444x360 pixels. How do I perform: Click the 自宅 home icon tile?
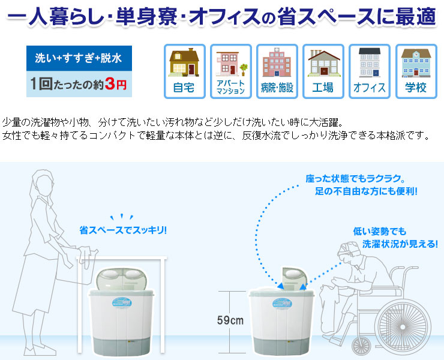pos(184,71)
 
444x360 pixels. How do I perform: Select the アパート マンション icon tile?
pos(231,71)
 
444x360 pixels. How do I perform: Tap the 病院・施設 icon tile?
pos(277,71)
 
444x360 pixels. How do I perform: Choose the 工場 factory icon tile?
pos(323,71)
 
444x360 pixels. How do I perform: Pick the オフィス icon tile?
pos(369,71)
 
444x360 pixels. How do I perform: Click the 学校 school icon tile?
pos(415,71)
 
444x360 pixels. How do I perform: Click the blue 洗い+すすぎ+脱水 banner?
pos(79,58)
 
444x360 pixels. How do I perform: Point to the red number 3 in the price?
pos(109,85)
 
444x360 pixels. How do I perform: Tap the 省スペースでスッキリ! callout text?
pos(124,230)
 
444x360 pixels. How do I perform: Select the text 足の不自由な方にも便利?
pos(366,192)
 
